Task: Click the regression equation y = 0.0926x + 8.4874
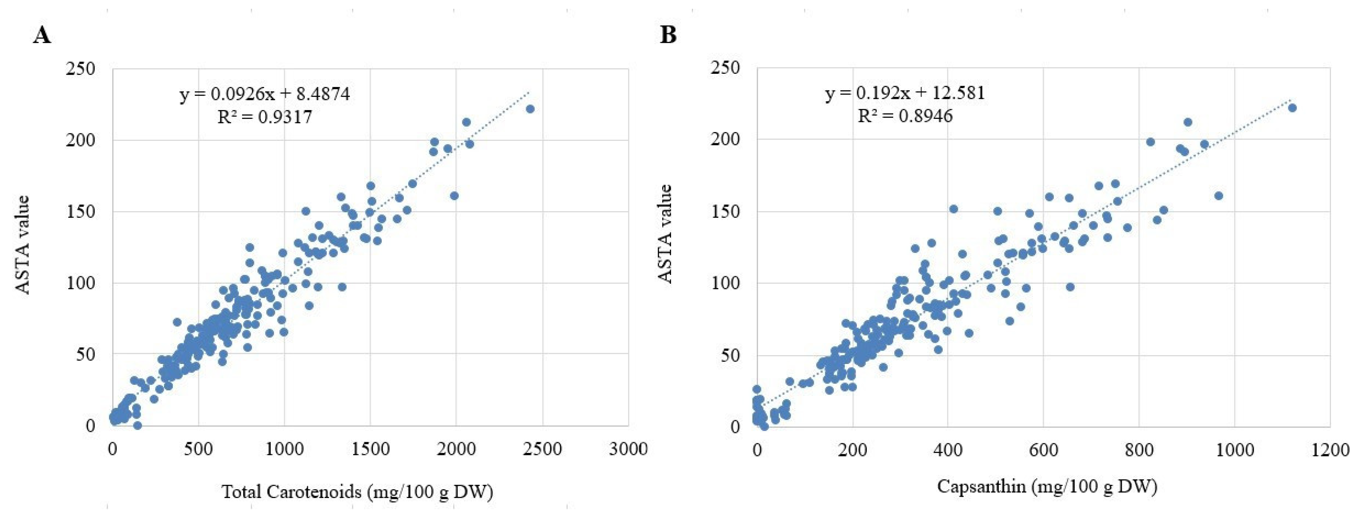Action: pyautogui.click(x=265, y=94)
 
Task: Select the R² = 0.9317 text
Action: pyautogui.click(x=265, y=116)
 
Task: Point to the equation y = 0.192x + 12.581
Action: pyautogui.click(x=905, y=93)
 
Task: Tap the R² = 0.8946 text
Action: pyautogui.click(x=905, y=115)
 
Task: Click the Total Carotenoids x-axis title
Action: pyautogui.click(x=357, y=492)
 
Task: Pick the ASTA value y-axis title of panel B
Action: pyautogui.click(x=666, y=234)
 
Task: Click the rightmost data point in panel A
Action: pyautogui.click(x=530, y=109)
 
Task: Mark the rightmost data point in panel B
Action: pyautogui.click(x=1292, y=108)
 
